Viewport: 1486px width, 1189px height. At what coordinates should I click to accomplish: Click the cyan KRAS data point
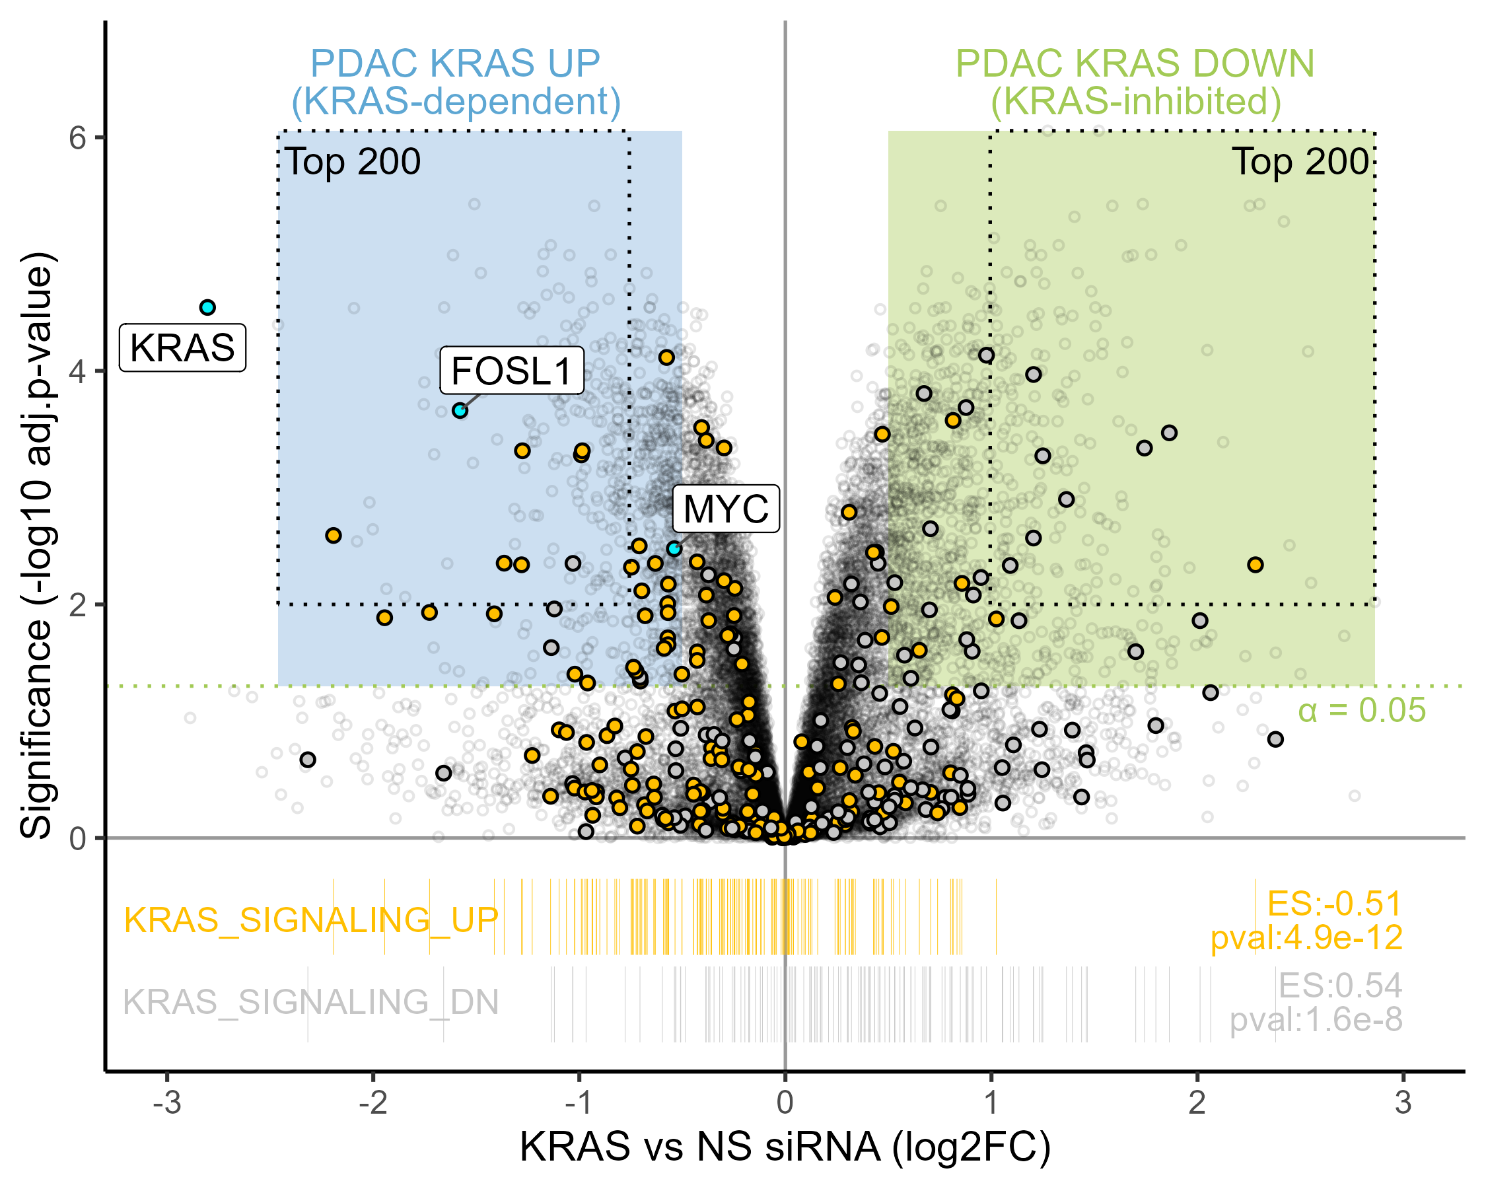coord(207,307)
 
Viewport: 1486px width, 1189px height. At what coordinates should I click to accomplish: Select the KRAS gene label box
coord(183,347)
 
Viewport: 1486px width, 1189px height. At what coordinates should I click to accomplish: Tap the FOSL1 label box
coord(511,371)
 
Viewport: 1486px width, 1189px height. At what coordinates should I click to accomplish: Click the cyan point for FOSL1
coord(460,411)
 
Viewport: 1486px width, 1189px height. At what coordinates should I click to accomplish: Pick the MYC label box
coord(726,509)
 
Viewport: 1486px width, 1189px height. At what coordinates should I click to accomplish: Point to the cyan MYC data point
coord(674,549)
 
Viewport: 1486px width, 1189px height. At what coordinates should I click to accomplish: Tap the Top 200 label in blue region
coord(352,162)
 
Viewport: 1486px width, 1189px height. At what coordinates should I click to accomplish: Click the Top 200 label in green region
coord(1300,162)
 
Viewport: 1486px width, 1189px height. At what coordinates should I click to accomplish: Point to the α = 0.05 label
coord(1361,711)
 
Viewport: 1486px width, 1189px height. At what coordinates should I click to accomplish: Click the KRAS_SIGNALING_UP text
coord(311,920)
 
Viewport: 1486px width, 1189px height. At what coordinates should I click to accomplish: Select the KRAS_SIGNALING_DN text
coord(311,1002)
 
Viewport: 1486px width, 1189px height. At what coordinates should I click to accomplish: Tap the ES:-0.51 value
coord(1334,904)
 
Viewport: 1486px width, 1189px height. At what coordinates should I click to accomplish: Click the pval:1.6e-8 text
coord(1316,1019)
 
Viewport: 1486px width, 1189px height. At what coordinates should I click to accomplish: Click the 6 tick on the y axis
coord(77,138)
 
